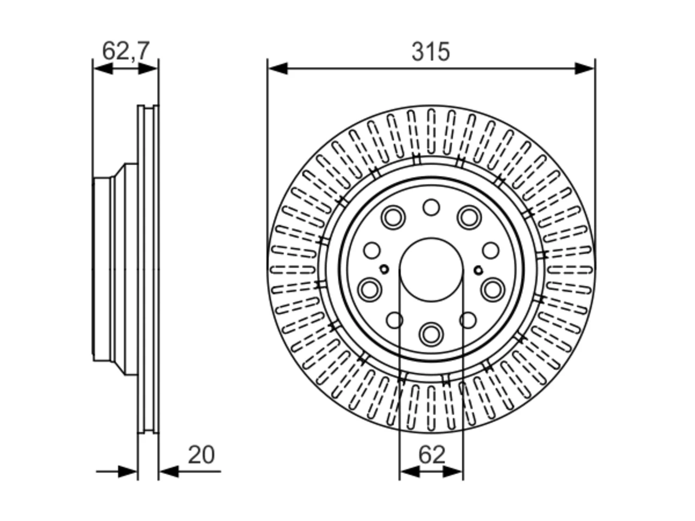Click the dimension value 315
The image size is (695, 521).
pyautogui.click(x=430, y=52)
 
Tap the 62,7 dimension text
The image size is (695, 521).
pyautogui.click(x=125, y=51)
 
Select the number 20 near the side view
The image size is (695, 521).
pyautogui.click(x=201, y=455)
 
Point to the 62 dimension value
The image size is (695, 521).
pyautogui.click(x=432, y=455)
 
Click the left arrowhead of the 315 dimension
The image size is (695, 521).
pyautogui.click(x=277, y=68)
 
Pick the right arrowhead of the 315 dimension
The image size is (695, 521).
pyautogui.click(x=585, y=68)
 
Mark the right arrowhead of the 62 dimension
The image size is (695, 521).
pyautogui.click(x=453, y=472)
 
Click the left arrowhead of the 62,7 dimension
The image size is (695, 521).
pyautogui.click(x=103, y=68)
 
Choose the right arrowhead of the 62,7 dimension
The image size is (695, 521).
pyautogui.click(x=148, y=68)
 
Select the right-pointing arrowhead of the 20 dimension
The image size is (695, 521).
pyautogui.click(x=128, y=472)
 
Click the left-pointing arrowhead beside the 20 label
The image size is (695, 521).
pyautogui.click(x=169, y=472)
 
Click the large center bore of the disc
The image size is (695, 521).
pyautogui.click(x=431, y=270)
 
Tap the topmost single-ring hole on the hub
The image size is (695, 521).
pyautogui.click(x=431, y=207)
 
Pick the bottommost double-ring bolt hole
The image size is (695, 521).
pyautogui.click(x=431, y=334)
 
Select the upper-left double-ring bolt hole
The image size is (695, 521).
pyautogui.click(x=393, y=218)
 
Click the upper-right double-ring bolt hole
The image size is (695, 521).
pyautogui.click(x=469, y=218)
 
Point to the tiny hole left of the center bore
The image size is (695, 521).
pyautogui.click(x=384, y=270)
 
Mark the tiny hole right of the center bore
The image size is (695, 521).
pyautogui.click(x=478, y=270)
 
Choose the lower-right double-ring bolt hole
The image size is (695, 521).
pyautogui.click(x=492, y=289)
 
